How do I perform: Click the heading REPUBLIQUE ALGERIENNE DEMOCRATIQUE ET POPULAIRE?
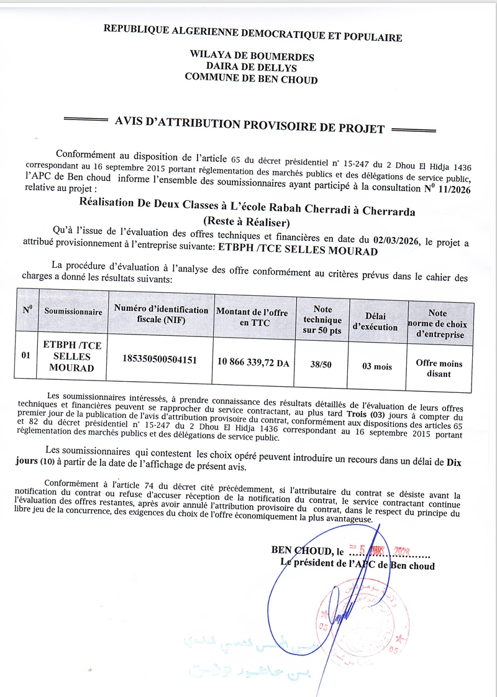[x=252, y=33]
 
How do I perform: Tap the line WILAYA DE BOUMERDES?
[x=252, y=57]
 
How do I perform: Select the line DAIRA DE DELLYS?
[x=252, y=68]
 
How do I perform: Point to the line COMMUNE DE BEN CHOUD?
[x=251, y=79]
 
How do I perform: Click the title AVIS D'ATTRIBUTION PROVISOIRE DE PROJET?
[x=250, y=126]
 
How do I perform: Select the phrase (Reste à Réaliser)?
[x=247, y=221]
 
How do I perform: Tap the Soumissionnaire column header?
[x=73, y=312]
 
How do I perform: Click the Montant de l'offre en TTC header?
[x=252, y=317]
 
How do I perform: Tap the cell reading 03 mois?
[x=378, y=366]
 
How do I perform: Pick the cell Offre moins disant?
[x=439, y=368]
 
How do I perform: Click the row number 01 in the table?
[x=26, y=356]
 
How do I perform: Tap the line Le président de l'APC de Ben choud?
[x=357, y=566]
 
